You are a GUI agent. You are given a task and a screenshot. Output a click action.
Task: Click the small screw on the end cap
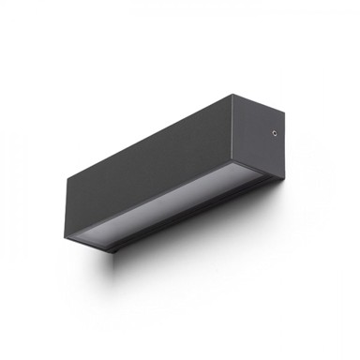[x=274, y=132]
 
